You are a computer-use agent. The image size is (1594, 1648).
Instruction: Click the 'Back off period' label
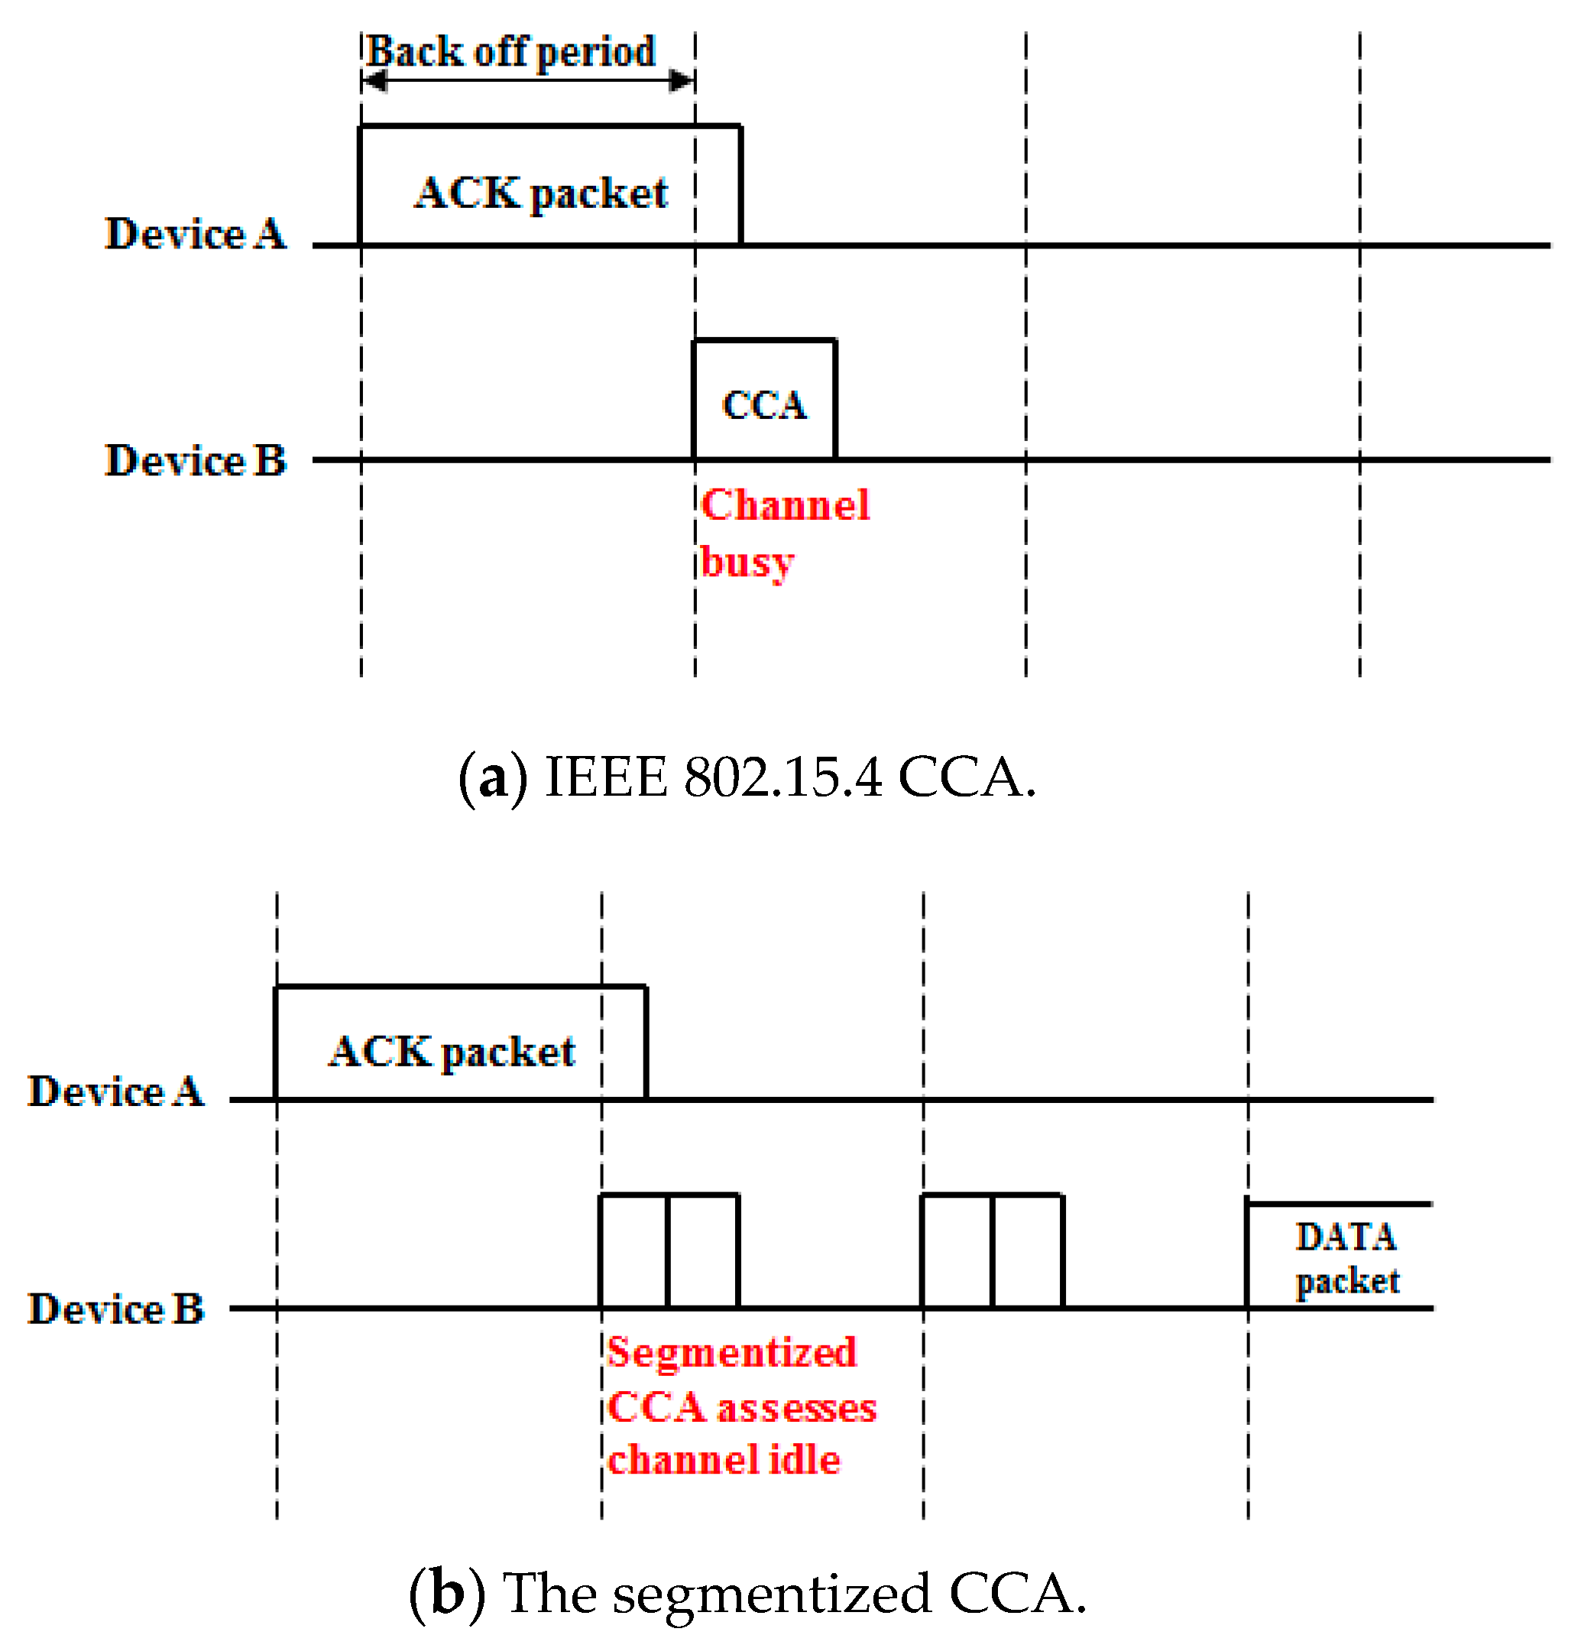coord(511,52)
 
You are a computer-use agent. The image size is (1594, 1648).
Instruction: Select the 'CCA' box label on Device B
coord(764,405)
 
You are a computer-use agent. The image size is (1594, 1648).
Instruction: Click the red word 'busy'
coord(747,562)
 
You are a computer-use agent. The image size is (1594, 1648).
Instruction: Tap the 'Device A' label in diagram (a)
coord(195,234)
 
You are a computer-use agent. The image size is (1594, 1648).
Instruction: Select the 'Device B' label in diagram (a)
coord(195,461)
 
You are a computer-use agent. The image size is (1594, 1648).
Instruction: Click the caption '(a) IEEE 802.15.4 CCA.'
coord(747,777)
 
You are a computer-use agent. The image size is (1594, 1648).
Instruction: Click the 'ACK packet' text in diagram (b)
coord(452,1052)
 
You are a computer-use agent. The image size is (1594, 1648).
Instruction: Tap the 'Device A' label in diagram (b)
coord(116,1092)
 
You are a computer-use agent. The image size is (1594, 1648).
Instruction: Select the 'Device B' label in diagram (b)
coord(116,1309)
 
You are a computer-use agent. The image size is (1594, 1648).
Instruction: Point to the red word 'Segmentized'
coord(731,1353)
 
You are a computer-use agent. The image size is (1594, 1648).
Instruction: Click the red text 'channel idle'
coord(724,1461)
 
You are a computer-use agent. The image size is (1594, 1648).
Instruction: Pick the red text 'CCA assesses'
coord(741,1407)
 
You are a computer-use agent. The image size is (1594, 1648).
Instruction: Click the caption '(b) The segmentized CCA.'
coord(747,1593)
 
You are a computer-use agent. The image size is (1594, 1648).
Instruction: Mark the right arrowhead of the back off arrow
coord(682,81)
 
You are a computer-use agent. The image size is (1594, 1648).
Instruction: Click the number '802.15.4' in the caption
coord(782,777)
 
